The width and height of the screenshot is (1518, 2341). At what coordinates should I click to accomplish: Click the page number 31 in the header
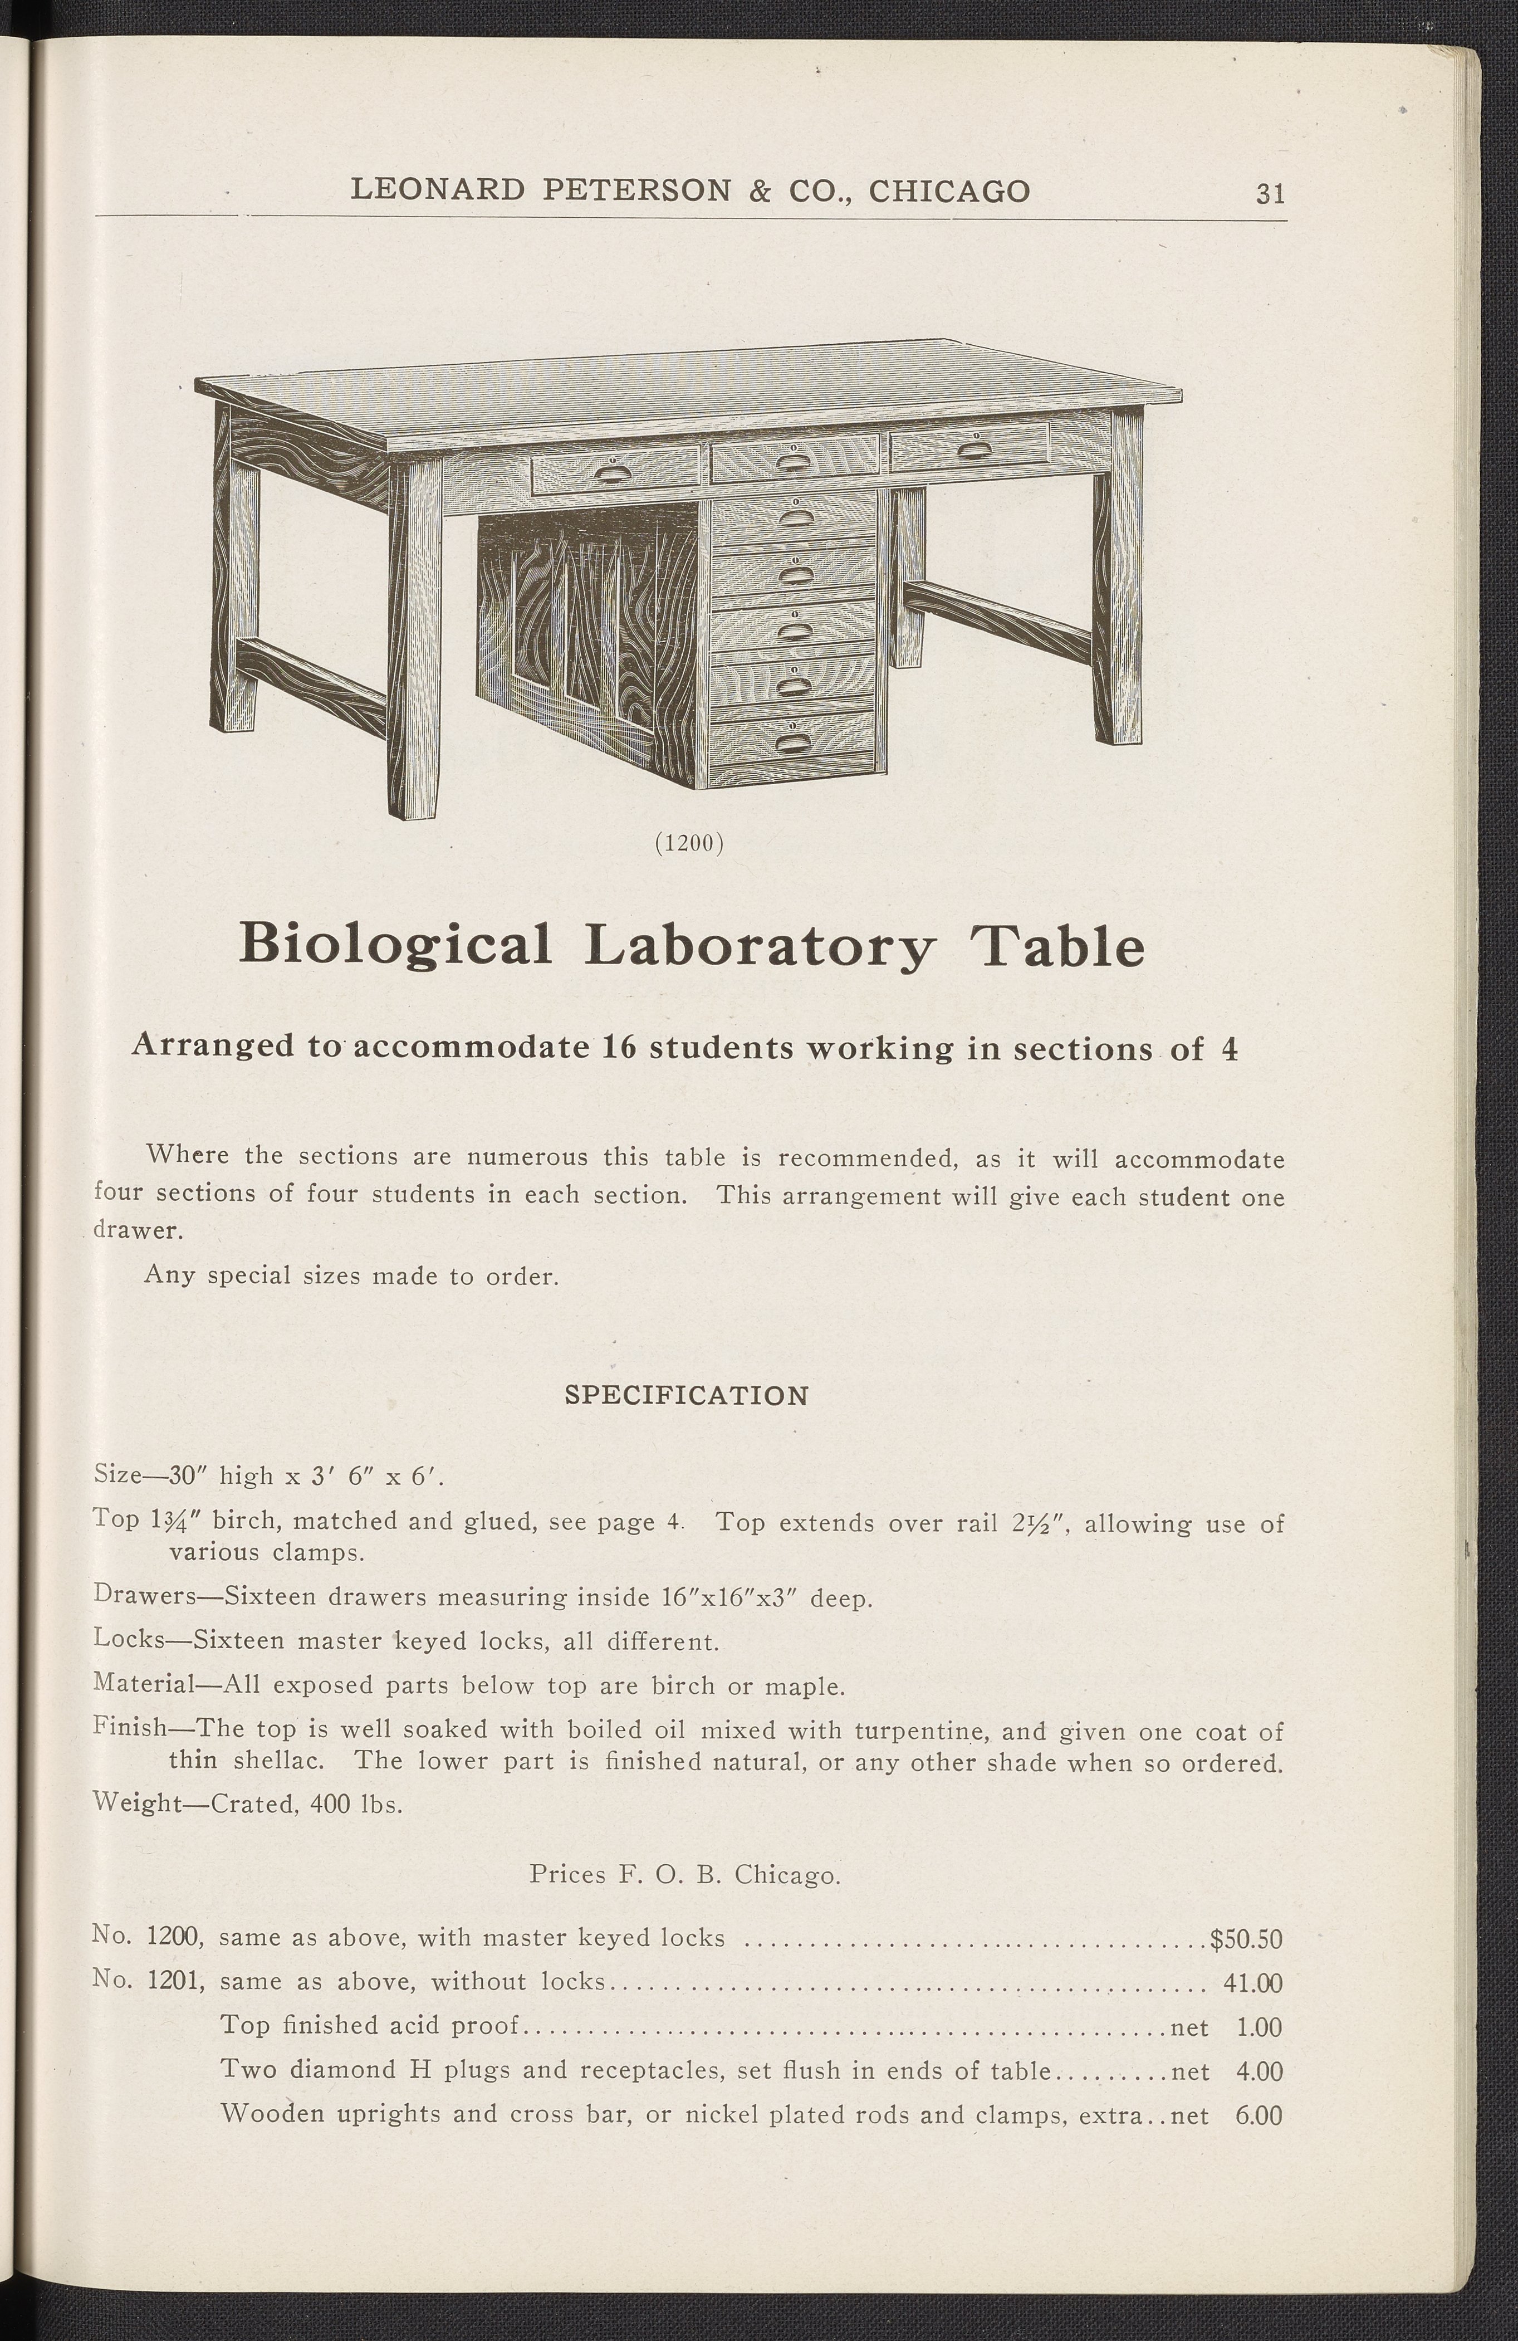(x=1270, y=193)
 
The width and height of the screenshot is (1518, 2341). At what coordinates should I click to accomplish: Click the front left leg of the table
(x=414, y=639)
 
